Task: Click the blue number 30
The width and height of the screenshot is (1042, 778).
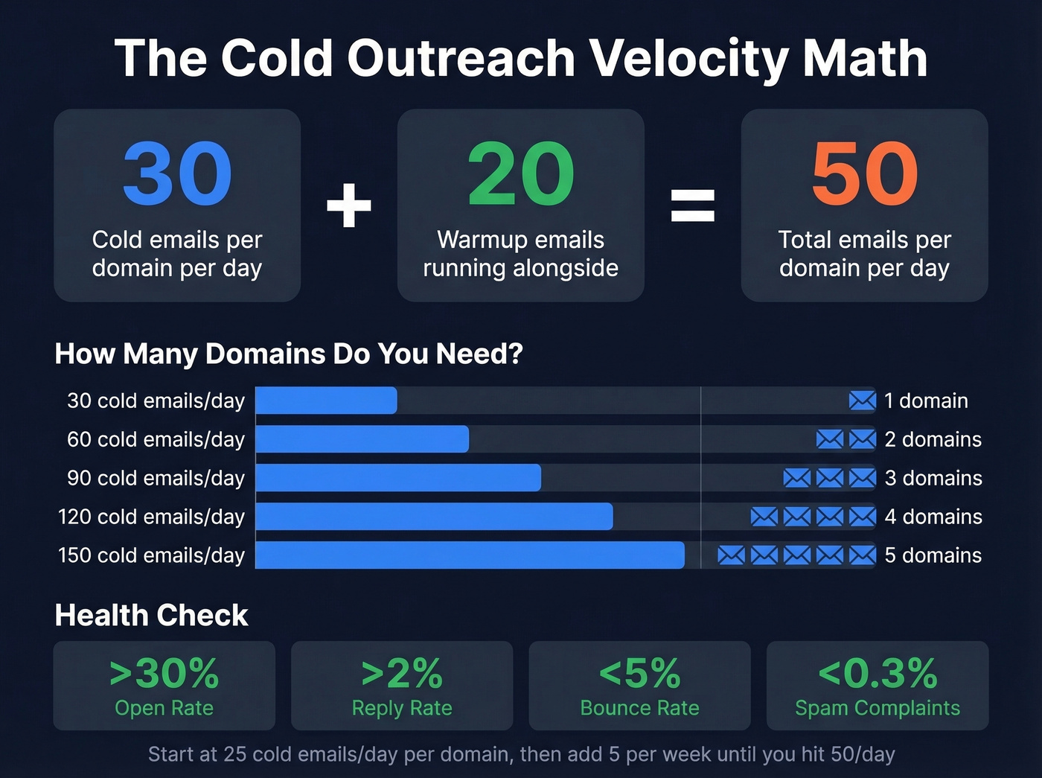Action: point(177,174)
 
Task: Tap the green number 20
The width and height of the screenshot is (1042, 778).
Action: point(520,174)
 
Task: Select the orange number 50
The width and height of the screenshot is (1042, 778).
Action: point(864,174)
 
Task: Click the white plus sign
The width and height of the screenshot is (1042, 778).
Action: point(349,205)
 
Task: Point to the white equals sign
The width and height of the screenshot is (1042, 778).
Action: point(693,205)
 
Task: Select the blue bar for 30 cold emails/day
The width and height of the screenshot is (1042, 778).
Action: point(326,401)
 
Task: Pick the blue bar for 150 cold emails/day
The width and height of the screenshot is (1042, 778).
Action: point(470,555)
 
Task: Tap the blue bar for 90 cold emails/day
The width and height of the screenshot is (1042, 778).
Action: point(398,478)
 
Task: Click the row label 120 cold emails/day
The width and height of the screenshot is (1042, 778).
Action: point(151,517)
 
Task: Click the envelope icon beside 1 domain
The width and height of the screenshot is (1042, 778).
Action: point(862,401)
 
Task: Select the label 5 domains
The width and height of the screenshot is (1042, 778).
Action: point(933,555)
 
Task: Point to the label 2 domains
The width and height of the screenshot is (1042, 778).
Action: point(933,439)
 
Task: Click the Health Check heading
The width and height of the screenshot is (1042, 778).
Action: point(151,615)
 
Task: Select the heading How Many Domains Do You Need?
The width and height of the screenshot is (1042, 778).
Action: point(289,354)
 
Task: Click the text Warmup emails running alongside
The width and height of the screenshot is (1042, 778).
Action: point(520,254)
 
